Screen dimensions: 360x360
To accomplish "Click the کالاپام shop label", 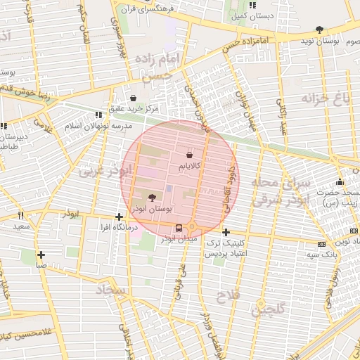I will coord(190,165).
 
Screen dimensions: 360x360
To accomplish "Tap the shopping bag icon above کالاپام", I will coord(190,154).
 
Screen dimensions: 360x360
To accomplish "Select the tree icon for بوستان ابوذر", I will coord(153,198).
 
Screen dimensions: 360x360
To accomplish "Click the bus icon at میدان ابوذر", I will coord(179,228).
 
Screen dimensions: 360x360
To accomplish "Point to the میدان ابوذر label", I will coord(176,240).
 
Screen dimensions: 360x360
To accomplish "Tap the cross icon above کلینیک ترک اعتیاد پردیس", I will coord(226,232).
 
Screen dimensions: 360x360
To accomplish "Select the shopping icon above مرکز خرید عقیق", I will coord(134,98).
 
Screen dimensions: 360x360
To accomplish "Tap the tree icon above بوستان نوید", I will coord(321,30).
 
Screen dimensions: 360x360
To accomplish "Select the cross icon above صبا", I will coord(41,255).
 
